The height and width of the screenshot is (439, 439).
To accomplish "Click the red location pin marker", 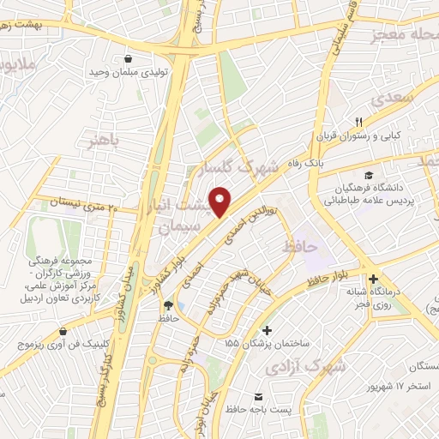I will [220, 201].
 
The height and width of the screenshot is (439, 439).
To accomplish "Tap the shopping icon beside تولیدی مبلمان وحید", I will [128, 60].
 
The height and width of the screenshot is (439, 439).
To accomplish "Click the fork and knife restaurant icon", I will [360, 122].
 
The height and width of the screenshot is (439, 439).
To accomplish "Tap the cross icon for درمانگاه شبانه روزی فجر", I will [373, 279].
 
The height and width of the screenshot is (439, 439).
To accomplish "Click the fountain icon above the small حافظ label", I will [168, 305].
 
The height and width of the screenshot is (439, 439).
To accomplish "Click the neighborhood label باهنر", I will [112, 138].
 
